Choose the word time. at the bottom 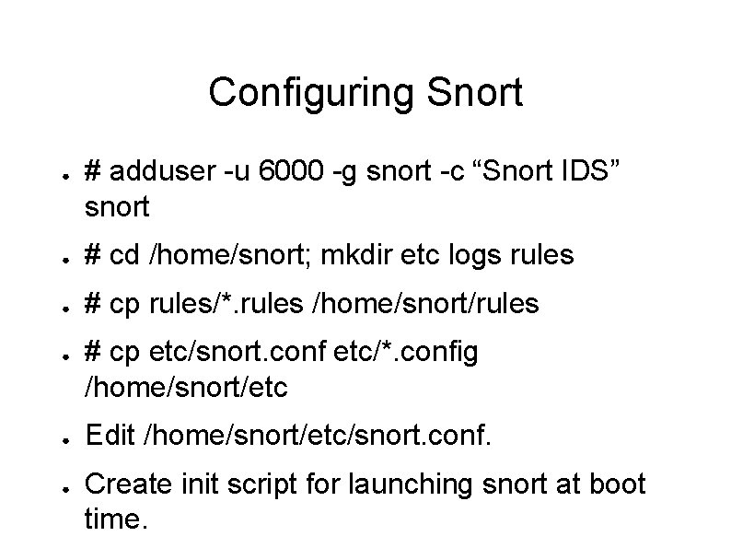(115, 519)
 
